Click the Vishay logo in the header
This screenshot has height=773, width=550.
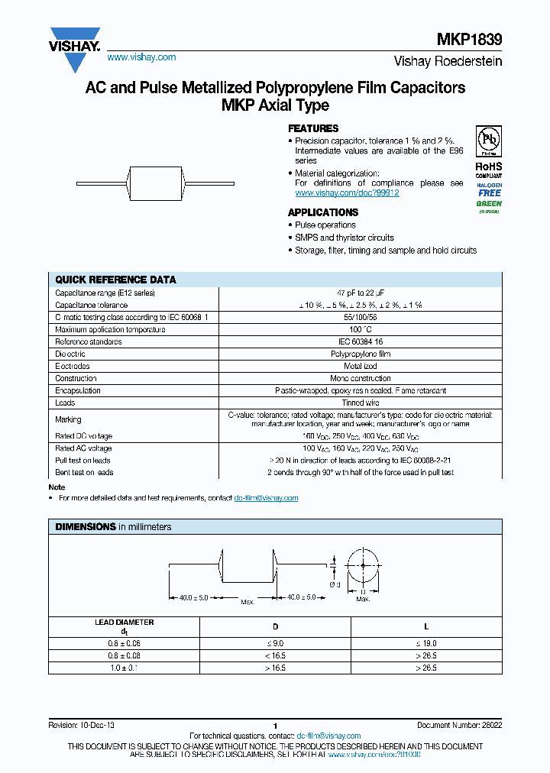(75, 40)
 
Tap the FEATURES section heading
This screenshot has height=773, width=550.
(312, 129)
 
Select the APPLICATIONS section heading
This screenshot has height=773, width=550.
(322, 212)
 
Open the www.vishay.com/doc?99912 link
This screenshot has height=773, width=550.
(347, 193)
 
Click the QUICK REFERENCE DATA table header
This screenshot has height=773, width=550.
(115, 280)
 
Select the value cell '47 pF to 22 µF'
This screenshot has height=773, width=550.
(360, 293)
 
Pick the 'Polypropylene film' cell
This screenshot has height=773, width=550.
(360, 354)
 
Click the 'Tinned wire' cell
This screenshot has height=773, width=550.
(360, 403)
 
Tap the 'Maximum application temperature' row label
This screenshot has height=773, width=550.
(110, 329)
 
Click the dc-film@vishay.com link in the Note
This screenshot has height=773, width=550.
(266, 498)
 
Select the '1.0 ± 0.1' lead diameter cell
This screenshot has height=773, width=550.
(124, 668)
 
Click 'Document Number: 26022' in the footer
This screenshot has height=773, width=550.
(459, 725)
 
